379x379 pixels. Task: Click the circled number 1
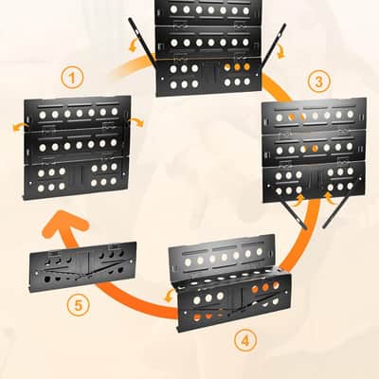(72, 78)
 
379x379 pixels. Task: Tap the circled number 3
(318, 81)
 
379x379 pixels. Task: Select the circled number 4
(245, 340)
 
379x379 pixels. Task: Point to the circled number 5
(79, 306)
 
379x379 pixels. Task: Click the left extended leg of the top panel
(142, 39)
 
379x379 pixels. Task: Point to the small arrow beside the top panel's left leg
(133, 45)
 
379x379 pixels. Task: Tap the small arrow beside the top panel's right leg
(280, 51)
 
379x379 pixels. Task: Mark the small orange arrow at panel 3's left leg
(298, 200)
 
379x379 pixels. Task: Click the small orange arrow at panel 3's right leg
(332, 199)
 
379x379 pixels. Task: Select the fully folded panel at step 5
(83, 267)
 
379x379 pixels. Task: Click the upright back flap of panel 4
(222, 255)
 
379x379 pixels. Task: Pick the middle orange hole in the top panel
(237, 67)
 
